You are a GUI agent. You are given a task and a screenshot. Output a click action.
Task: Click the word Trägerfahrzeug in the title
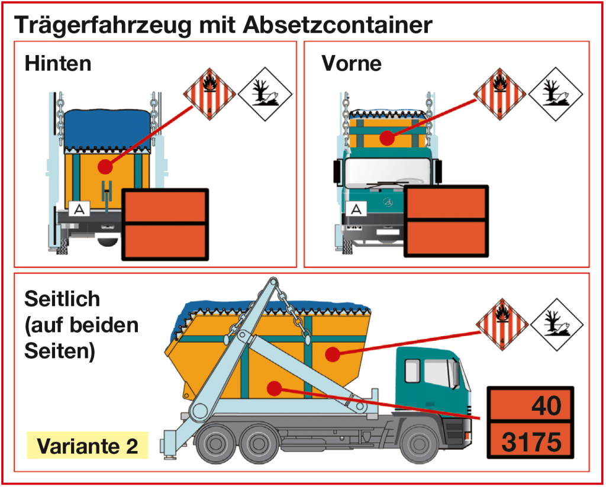pyautogui.click(x=102, y=25)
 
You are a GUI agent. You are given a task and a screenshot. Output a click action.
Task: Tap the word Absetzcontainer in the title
pyautogui.click(x=338, y=24)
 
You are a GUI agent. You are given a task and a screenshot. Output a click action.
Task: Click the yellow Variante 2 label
pyautogui.click(x=88, y=445)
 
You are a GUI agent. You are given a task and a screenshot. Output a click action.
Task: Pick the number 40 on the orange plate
pyautogui.click(x=546, y=405)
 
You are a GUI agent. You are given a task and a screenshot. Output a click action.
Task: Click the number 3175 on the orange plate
pyautogui.click(x=531, y=441)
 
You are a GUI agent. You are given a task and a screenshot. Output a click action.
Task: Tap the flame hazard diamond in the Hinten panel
pyautogui.click(x=209, y=94)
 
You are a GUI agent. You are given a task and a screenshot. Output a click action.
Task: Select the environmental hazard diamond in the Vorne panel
pyautogui.click(x=555, y=94)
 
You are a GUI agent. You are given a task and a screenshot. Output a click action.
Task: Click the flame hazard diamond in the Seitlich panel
pyautogui.click(x=502, y=324)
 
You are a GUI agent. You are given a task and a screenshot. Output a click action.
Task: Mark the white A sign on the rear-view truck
pyautogui.click(x=79, y=209)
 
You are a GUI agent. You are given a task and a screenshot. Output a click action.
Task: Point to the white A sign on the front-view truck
pyautogui.click(x=356, y=209)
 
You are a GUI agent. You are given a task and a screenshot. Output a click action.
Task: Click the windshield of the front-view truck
pyautogui.click(x=387, y=173)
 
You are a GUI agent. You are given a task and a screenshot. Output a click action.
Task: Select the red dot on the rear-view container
pyautogui.click(x=105, y=167)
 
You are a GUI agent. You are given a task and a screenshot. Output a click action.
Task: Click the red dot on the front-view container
pyautogui.click(x=387, y=138)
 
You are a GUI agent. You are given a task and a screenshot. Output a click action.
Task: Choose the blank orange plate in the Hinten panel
pyautogui.click(x=166, y=224)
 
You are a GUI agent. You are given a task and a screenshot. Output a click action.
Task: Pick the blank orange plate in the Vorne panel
pyautogui.click(x=446, y=221)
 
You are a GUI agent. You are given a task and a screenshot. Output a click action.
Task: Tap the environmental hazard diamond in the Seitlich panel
pyautogui.click(x=557, y=325)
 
